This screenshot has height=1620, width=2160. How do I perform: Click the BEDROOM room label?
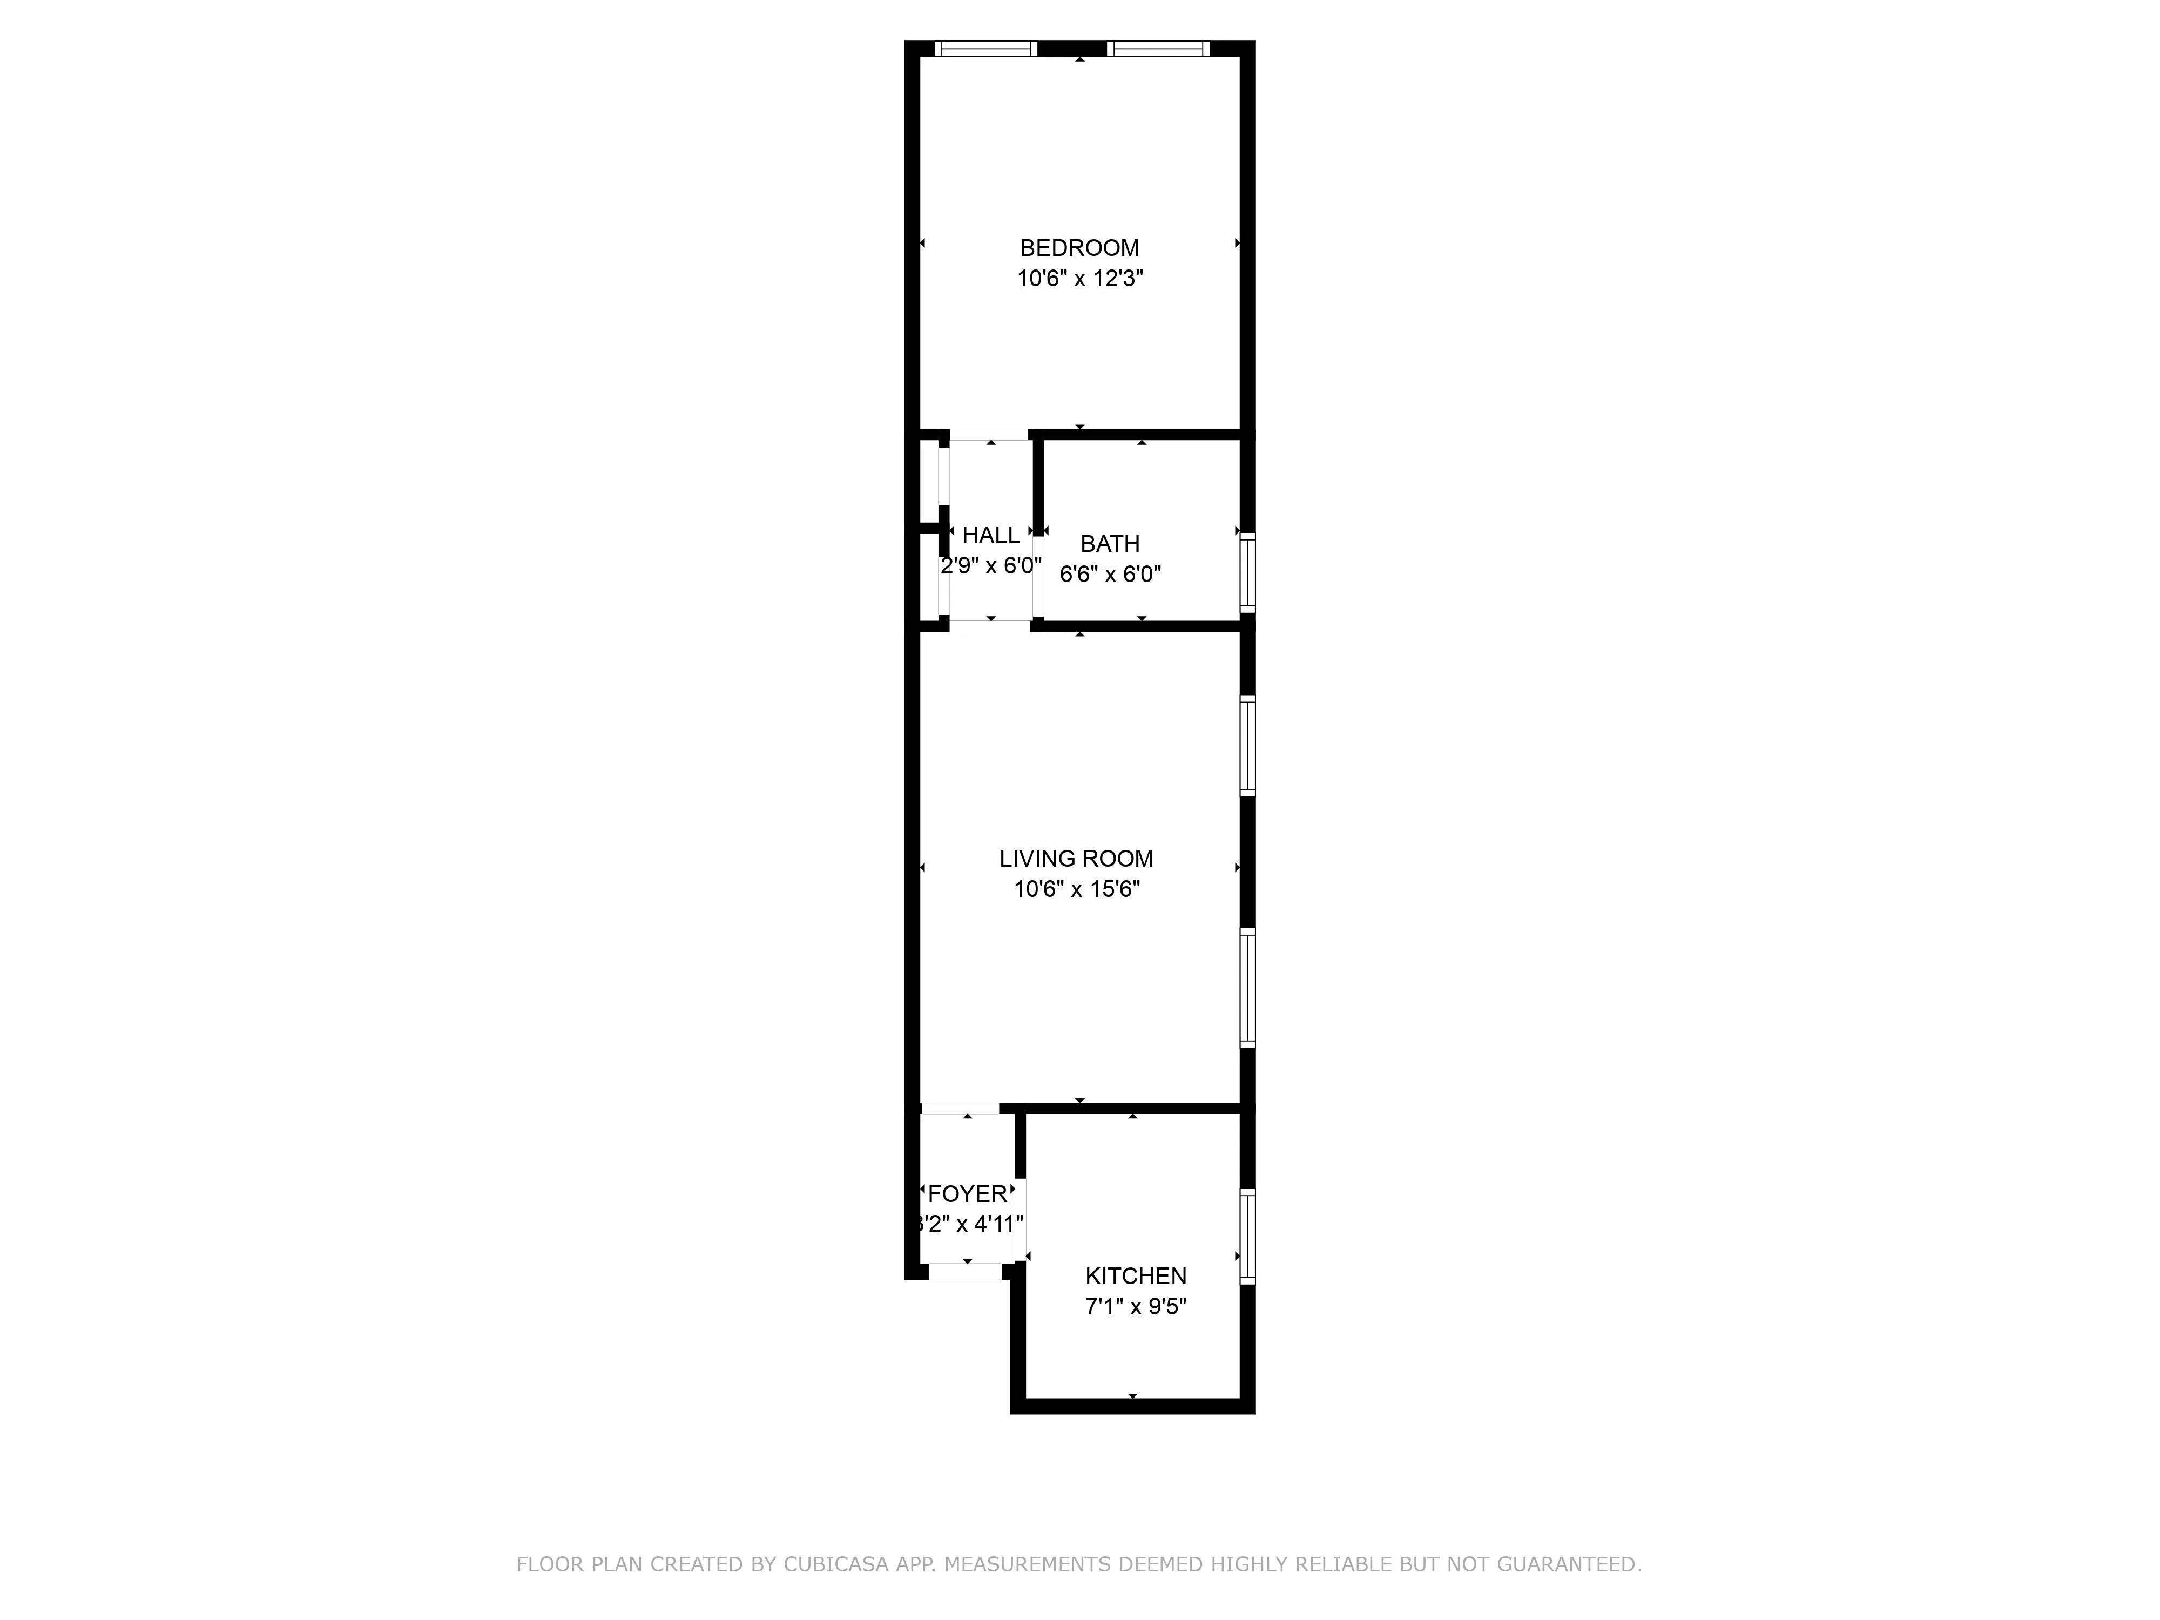[1079, 248]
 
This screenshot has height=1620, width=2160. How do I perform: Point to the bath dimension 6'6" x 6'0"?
[1110, 574]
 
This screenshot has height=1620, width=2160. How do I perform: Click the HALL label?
[990, 535]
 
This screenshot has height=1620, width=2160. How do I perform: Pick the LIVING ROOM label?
[1076, 859]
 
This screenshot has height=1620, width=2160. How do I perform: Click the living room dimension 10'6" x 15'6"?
[1076, 889]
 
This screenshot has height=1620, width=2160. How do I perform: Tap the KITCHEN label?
[1136, 1275]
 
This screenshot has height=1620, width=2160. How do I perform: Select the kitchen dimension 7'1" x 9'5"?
[1136, 1307]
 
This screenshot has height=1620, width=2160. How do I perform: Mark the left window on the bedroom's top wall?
[986, 49]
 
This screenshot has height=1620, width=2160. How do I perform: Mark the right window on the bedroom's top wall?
[1158, 49]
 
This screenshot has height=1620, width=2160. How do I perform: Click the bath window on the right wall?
[1247, 573]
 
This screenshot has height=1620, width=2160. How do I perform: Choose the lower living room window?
[1247, 988]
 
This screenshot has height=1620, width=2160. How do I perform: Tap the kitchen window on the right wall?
[1247, 1236]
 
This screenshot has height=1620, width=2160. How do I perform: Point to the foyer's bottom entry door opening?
[965, 1271]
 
